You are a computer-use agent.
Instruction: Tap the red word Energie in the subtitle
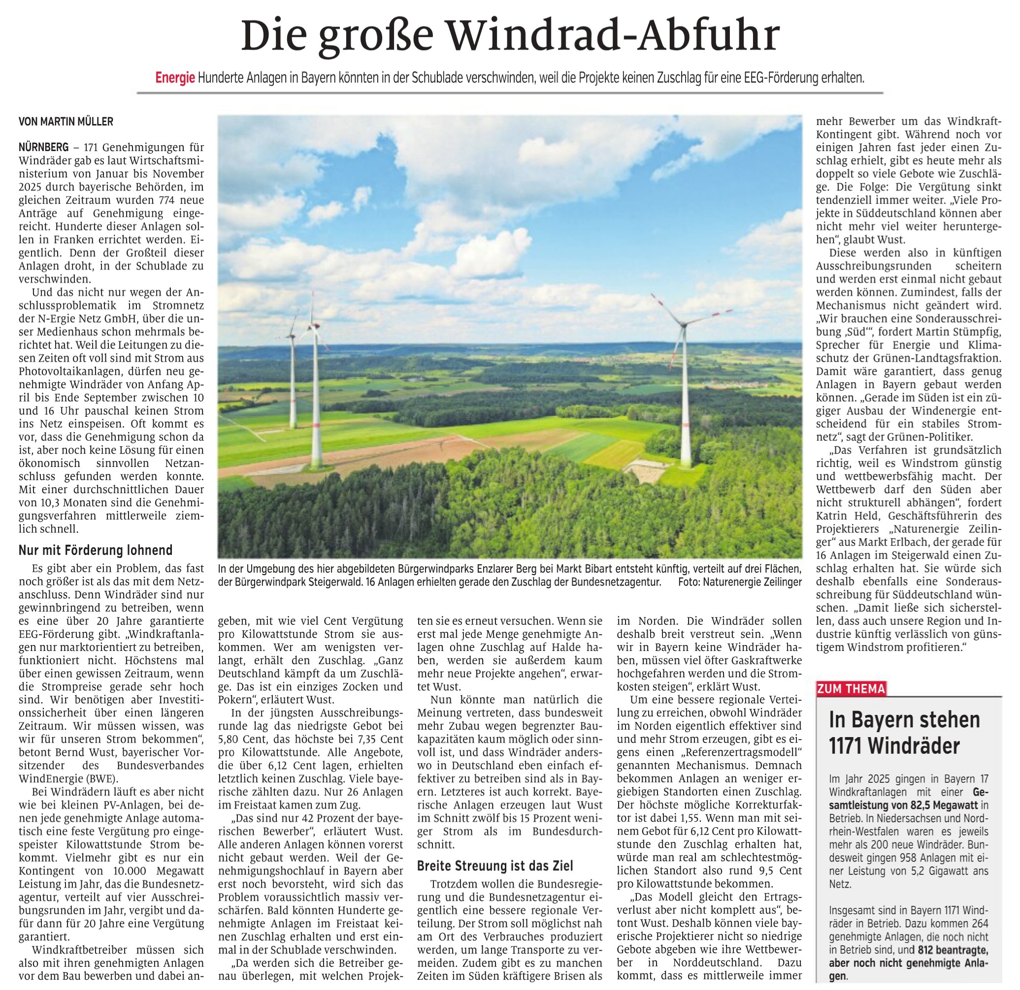[175, 79]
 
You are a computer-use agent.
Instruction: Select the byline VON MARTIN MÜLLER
[66, 122]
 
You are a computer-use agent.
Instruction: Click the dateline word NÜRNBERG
[43, 147]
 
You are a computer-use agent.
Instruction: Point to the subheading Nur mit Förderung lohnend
[95, 550]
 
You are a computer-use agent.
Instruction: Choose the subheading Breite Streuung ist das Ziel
[495, 866]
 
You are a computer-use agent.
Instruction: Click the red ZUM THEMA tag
[851, 689]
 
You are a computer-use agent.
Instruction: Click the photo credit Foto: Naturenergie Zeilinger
[739, 583]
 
